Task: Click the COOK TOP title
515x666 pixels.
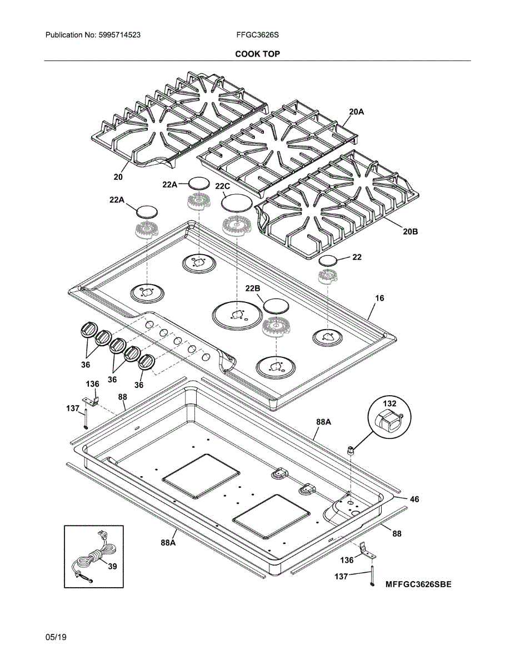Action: point(257,54)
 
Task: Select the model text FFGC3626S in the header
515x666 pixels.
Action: point(257,35)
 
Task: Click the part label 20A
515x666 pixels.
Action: point(357,112)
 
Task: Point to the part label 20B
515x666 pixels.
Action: point(410,231)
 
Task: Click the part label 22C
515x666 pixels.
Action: point(222,186)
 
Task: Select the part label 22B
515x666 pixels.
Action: point(253,289)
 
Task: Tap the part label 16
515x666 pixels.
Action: point(379,298)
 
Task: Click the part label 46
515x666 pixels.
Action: point(414,499)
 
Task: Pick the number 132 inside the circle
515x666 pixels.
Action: point(389,403)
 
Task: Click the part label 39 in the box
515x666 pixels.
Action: point(112,566)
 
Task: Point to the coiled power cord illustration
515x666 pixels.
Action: point(94,558)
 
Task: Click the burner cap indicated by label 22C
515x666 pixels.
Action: point(233,203)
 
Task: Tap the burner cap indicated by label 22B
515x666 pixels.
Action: point(277,305)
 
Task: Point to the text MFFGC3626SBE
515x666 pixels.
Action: point(418,584)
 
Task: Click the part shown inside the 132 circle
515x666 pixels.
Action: point(388,421)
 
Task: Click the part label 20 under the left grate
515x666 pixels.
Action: point(118,177)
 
